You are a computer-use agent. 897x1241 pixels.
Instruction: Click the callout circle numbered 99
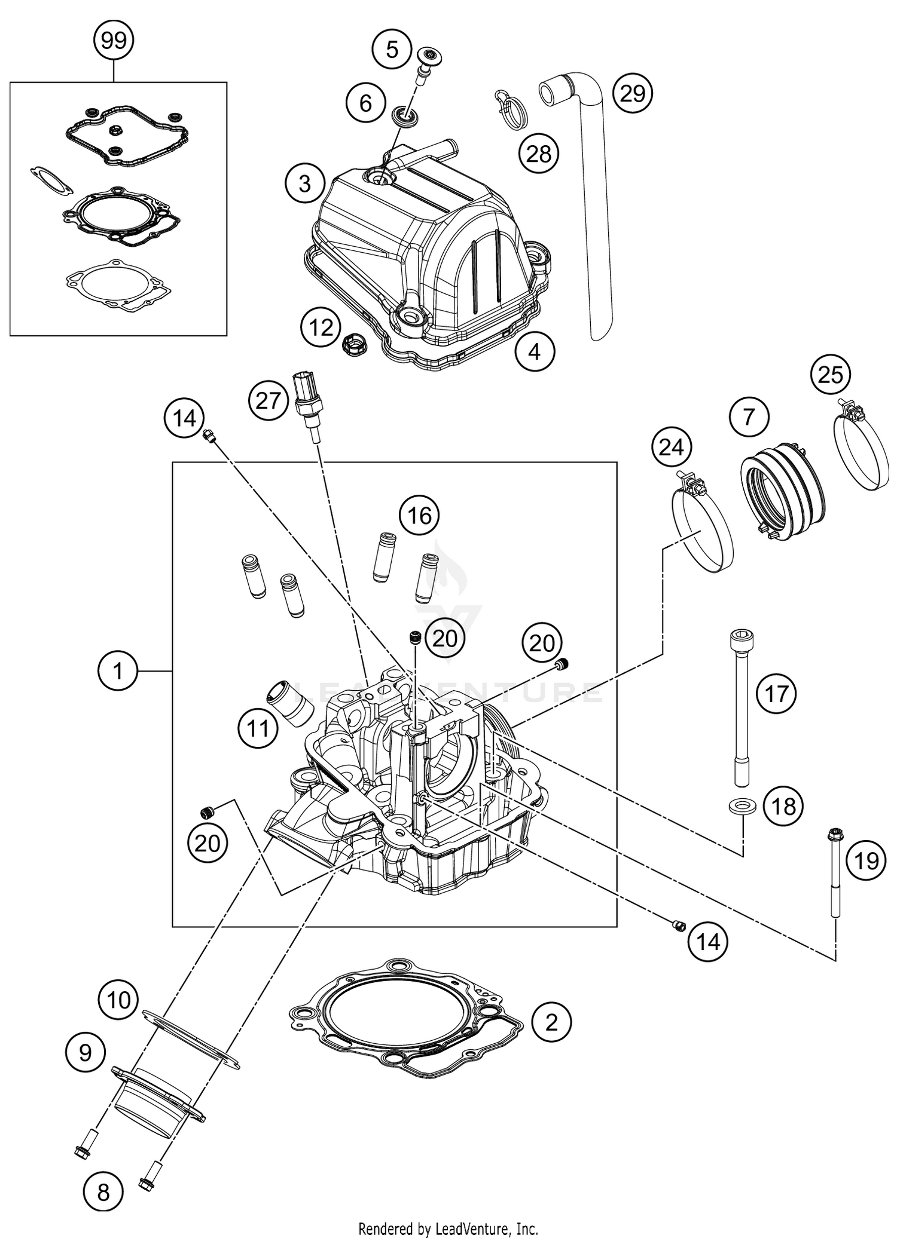point(114,41)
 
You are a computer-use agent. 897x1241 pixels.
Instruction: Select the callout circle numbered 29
point(633,94)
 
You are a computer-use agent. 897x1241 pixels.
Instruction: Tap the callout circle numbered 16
point(419,514)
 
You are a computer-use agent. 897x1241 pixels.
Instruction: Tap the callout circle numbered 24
point(671,446)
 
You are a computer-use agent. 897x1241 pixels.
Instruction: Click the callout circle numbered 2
point(551,1022)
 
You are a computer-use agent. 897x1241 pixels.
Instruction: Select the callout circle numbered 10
point(118,999)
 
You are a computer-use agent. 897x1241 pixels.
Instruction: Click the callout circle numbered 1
point(118,671)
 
